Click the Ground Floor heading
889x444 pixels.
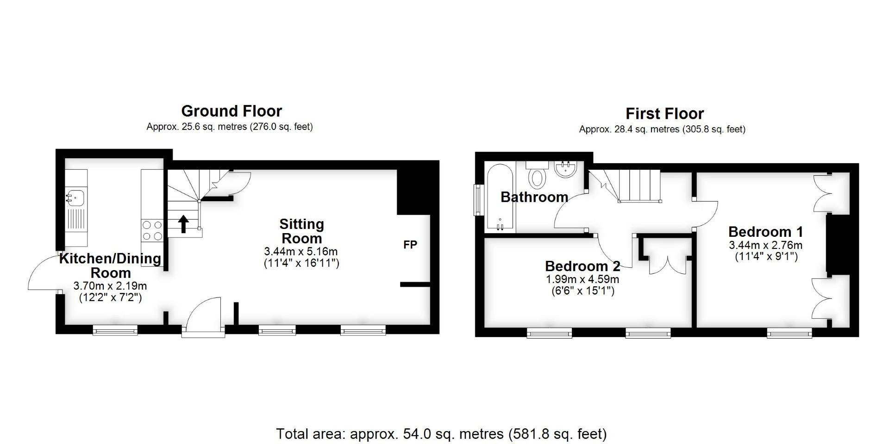[x=232, y=111]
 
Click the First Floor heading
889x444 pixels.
[x=664, y=114]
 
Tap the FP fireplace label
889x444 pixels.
[x=410, y=245]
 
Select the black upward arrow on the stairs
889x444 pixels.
[x=183, y=224]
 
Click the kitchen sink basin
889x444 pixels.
[x=75, y=198]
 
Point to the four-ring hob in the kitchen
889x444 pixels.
[x=152, y=230]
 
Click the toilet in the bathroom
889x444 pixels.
[x=537, y=176]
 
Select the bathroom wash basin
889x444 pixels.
[x=565, y=169]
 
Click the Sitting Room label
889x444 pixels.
[x=301, y=231]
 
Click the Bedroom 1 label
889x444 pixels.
[x=765, y=232]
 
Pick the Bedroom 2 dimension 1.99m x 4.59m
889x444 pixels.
[x=582, y=279]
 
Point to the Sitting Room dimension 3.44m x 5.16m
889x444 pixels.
[x=301, y=252]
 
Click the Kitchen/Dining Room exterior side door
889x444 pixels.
[x=44, y=274]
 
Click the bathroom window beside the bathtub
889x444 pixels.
[x=477, y=200]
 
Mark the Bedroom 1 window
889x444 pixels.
[x=789, y=333]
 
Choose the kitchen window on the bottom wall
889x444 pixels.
[x=115, y=330]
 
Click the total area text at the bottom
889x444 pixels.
[x=441, y=434]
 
